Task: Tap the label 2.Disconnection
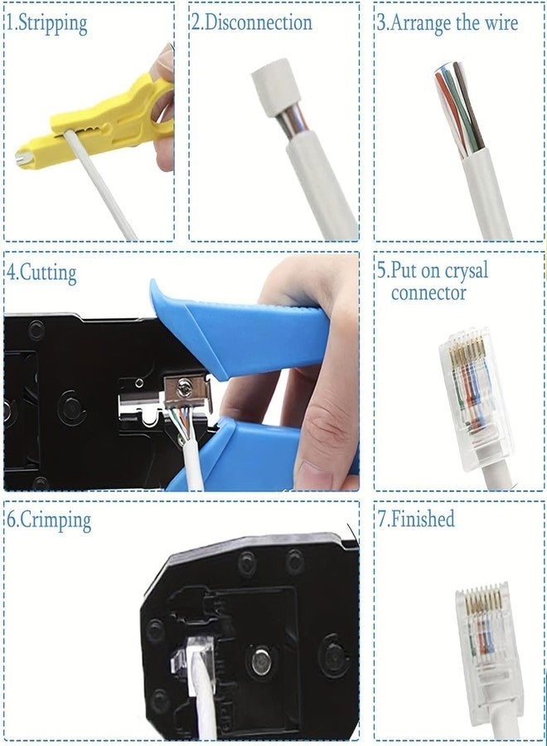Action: pyautogui.click(x=252, y=22)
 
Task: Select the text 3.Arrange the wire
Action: pyautogui.click(x=448, y=22)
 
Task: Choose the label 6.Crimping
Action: pyautogui.click(x=49, y=521)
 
